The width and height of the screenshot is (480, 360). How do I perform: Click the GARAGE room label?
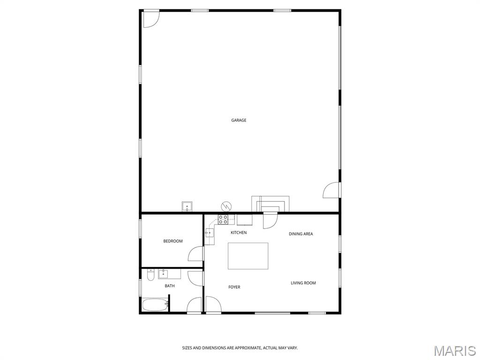click(239, 120)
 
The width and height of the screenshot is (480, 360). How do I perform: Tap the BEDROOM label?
click(173, 241)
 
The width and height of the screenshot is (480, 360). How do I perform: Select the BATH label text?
click(170, 286)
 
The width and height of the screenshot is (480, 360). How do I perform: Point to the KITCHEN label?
click(239, 232)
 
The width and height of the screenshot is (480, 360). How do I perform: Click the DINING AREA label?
click(301, 234)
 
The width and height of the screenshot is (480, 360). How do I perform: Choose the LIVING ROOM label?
click(303, 283)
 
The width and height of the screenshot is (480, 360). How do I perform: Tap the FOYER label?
click(234, 287)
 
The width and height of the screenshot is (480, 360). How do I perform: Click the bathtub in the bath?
click(155, 305)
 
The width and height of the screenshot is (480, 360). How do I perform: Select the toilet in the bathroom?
click(150, 275)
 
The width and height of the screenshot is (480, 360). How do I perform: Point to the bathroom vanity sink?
click(163, 274)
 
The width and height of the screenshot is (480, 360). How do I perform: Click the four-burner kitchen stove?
click(223, 219)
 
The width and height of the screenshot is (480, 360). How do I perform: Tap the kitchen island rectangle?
click(248, 256)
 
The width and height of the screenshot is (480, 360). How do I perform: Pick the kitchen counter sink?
click(210, 233)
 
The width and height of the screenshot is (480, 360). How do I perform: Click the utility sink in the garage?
click(187, 207)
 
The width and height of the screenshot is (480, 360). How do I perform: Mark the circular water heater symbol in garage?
click(226, 206)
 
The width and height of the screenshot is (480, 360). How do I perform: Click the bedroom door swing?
click(195, 254)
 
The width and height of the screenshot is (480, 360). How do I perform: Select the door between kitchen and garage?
click(270, 220)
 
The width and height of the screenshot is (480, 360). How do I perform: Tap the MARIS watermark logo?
click(455, 351)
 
